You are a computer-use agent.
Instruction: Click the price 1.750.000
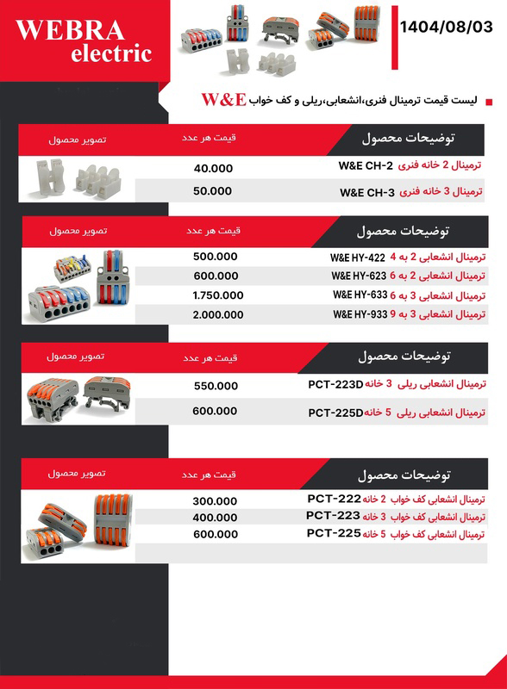(219, 295)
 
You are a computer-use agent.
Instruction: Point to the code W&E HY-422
(358, 258)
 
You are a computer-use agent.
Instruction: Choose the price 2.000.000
(219, 315)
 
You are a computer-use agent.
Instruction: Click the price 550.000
(216, 386)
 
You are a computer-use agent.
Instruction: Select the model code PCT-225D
(335, 413)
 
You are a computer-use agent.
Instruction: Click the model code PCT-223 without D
(333, 516)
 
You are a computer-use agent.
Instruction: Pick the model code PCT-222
(334, 498)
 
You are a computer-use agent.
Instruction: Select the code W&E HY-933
(360, 314)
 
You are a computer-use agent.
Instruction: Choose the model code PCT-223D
(335, 384)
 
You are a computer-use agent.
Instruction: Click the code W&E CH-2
(365, 165)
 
